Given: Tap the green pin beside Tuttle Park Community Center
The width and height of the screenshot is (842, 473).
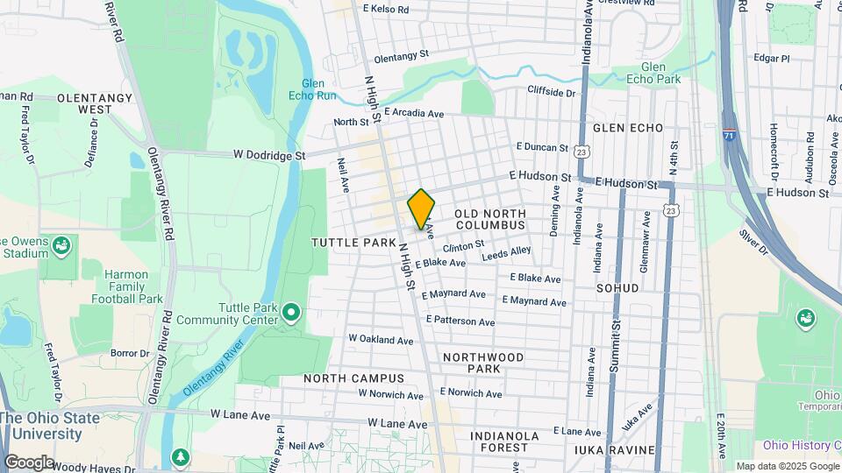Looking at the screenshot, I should [292, 311].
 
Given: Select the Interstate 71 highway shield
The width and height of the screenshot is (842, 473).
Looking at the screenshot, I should [730, 137].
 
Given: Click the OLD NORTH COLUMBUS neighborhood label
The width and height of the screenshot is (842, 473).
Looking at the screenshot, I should [489, 220].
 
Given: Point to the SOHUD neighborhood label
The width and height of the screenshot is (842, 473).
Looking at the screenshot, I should [619, 287].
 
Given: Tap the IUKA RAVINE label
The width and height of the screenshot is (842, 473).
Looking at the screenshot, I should [614, 450].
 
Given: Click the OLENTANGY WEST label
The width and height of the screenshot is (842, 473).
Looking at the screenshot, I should [84, 103].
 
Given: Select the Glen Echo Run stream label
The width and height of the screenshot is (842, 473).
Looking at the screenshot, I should [313, 88].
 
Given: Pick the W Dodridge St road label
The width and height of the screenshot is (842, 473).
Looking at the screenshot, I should [268, 155].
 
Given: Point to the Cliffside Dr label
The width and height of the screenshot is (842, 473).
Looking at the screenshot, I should [551, 92].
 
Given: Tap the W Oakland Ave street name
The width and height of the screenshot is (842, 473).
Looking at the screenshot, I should [381, 339].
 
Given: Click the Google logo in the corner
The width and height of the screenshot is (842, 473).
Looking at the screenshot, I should [29, 462].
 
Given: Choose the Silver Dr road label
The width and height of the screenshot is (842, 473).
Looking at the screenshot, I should [753, 243].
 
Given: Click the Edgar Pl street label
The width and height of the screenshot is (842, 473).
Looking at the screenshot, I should [772, 59].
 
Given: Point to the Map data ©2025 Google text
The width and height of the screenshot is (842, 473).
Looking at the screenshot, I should [786, 466].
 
